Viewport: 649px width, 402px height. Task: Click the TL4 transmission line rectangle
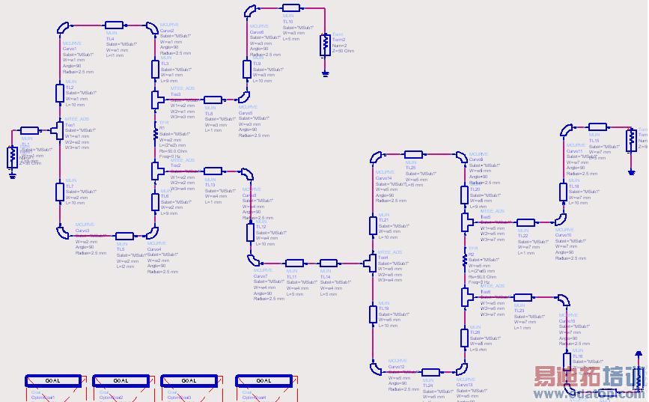pyautogui.click(x=115, y=26)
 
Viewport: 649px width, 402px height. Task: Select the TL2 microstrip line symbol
pyautogui.click(x=60, y=93)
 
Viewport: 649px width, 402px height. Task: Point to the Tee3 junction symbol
pyautogui.click(x=156, y=99)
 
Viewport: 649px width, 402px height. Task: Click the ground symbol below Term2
pyautogui.click(x=325, y=73)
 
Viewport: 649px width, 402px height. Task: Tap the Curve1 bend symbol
pyautogui.click(x=65, y=29)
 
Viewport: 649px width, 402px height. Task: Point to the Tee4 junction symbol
pyautogui.click(x=371, y=263)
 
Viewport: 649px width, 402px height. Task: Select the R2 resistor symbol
pyautogui.click(x=465, y=259)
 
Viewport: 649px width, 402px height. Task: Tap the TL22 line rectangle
pyautogui.click(x=525, y=223)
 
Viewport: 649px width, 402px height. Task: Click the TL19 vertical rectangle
pyautogui.click(x=372, y=314)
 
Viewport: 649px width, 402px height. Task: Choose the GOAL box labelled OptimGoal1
pyautogui.click(x=52, y=380)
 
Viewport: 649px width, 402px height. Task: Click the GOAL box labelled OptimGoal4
pyautogui.click(x=263, y=380)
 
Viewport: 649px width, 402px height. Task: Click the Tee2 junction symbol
pyautogui.click(x=156, y=171)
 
